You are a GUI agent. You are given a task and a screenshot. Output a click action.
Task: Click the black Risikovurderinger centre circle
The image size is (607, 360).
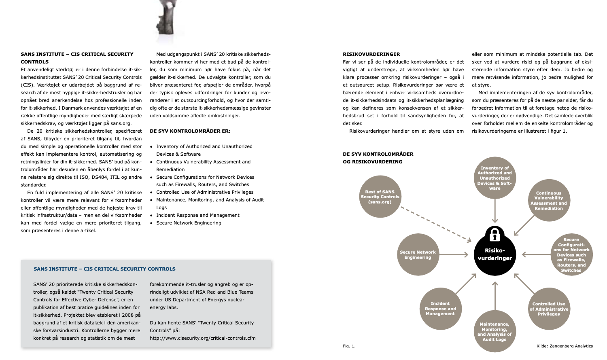coord(495,255)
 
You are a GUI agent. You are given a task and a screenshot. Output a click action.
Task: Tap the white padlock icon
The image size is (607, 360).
coord(495,234)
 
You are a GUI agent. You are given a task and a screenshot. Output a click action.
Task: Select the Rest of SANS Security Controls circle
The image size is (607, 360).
coord(380,197)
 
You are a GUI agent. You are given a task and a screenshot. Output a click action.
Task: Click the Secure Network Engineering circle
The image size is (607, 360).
coord(418,254)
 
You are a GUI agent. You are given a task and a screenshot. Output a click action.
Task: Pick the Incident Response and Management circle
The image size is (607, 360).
coord(440,309)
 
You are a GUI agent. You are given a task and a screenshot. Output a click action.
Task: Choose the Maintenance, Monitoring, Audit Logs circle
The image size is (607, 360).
coord(494,331)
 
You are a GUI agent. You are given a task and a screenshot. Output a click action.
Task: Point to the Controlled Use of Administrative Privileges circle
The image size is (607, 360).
coord(549,309)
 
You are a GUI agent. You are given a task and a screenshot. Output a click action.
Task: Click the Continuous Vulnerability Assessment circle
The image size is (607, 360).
coord(549,201)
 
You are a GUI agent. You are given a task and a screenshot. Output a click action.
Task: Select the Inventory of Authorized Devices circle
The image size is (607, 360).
coord(495,178)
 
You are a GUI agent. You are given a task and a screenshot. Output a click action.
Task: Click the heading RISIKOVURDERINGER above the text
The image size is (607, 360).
coord(371,54)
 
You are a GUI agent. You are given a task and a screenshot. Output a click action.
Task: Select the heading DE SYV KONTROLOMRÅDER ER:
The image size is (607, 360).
coord(190,131)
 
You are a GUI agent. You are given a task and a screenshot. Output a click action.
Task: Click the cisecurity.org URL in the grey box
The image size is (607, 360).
coord(202,338)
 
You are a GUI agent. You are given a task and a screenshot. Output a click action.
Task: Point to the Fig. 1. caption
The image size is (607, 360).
coord(349,346)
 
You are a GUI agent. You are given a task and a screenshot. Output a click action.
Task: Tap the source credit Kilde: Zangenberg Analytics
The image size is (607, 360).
coord(565,346)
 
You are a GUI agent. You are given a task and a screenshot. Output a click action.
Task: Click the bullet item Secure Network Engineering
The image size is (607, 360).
coord(189,223)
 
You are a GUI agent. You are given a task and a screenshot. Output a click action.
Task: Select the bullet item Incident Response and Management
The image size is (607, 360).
coord(198,215)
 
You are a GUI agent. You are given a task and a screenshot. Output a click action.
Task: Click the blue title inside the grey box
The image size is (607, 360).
coord(104,269)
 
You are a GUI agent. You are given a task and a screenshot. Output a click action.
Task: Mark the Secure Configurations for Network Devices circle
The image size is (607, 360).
coord(571,255)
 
